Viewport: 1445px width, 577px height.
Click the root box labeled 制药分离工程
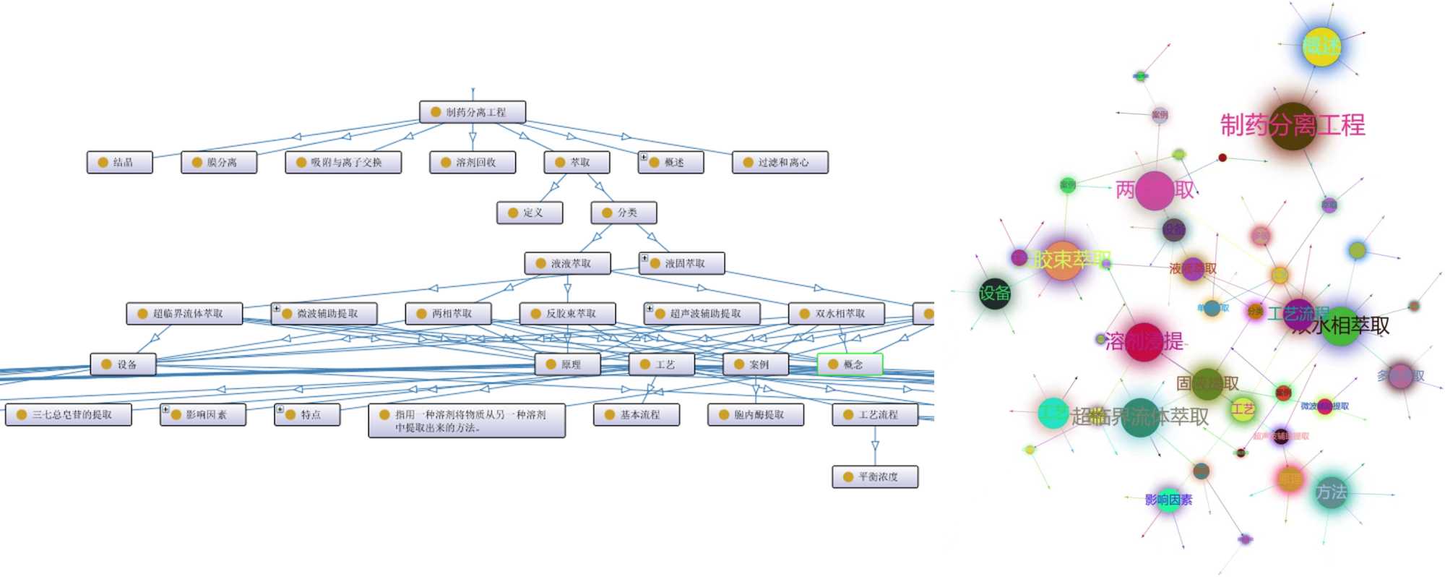[473, 112]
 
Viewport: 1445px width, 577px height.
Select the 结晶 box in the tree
[120, 163]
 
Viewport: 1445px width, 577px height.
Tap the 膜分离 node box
[219, 163]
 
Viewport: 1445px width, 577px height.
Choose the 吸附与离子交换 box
[343, 163]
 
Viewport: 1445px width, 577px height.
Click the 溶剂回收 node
[473, 163]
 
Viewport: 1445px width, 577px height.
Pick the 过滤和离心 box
[780, 163]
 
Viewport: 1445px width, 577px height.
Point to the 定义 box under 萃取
[530, 213]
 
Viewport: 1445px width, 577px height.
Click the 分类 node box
[624, 213]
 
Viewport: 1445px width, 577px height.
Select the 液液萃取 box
[568, 263]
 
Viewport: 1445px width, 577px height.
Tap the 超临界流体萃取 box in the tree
[184, 314]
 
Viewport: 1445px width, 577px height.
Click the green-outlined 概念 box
[850, 364]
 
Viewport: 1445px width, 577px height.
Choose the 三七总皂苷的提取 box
[69, 415]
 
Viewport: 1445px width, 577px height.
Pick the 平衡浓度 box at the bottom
[875, 477]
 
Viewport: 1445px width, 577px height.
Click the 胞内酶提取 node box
[756, 415]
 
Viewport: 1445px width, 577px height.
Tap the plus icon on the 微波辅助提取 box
[276, 309]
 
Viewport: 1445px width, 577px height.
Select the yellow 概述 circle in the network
[1321, 47]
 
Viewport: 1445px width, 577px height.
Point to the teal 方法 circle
[1330, 493]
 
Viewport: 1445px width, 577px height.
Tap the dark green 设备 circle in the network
[994, 294]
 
